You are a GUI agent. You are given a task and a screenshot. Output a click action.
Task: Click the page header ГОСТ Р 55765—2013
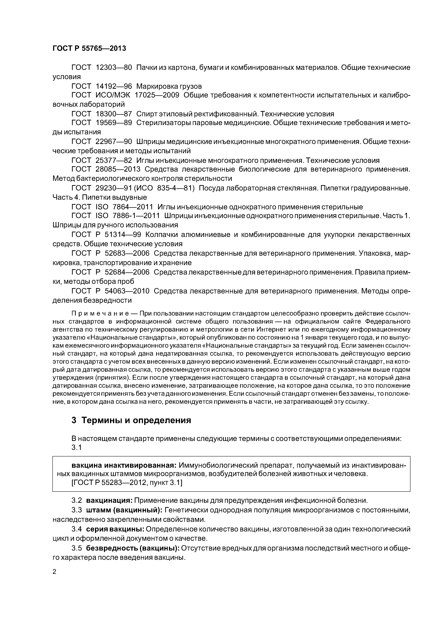tap(89, 48)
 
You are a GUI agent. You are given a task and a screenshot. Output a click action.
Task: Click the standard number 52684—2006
tap(127, 272)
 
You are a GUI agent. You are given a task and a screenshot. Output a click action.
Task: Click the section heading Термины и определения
tap(136, 421)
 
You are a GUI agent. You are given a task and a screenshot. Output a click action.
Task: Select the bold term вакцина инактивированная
tap(124, 465)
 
